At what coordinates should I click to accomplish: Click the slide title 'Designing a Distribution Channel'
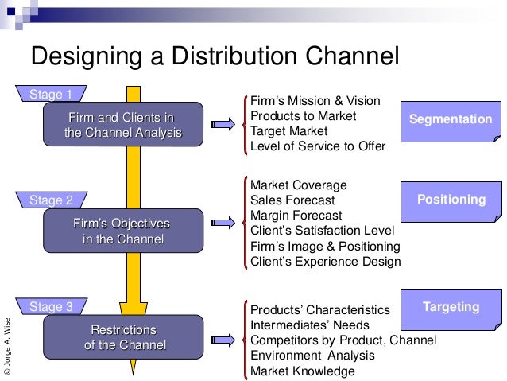coord(214,57)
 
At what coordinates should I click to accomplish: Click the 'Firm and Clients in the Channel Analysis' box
coord(123,126)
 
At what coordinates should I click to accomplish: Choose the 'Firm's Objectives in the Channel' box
coord(123,231)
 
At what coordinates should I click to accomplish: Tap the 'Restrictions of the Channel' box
coord(123,337)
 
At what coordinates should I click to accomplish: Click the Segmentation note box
coord(450,120)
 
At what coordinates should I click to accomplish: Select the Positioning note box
coord(450,201)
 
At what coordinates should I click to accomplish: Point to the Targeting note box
coord(450,308)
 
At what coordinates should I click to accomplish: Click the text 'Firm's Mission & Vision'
coord(315,102)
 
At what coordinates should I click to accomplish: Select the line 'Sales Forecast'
coord(292,200)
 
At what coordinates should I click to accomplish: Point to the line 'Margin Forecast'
coord(296,216)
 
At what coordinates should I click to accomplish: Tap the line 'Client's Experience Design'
coord(325,261)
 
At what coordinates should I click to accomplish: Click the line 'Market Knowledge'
coord(302,371)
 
